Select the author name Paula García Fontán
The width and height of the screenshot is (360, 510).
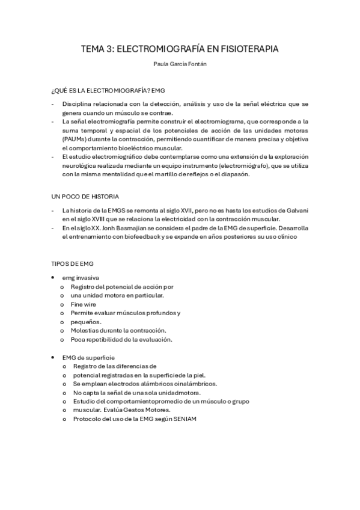(x=180, y=65)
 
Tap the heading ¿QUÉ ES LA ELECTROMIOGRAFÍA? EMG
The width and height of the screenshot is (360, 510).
(x=108, y=90)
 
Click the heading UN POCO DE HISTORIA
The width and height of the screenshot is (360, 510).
(x=85, y=196)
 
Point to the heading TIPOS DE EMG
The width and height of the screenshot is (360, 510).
(x=72, y=263)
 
